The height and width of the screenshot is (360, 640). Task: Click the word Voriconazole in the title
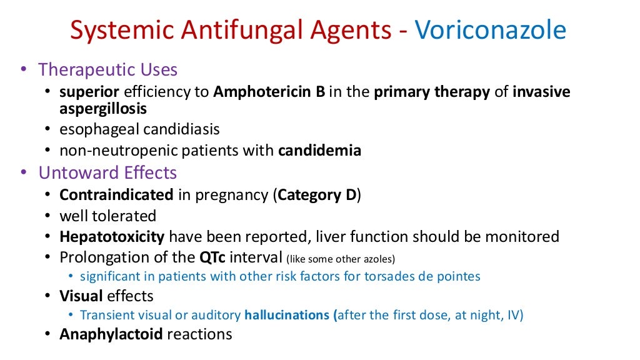490,30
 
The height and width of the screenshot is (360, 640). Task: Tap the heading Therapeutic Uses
107,70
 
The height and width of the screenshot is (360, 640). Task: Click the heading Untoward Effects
107,172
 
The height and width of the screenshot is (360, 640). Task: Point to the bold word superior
89,92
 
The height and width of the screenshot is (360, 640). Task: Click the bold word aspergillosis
103,108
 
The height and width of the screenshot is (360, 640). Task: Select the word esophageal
99,129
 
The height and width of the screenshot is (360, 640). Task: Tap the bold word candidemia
319,151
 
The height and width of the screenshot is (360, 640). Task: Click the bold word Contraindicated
116,194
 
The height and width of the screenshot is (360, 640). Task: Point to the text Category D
317,194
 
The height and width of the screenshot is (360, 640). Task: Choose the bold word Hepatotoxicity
112,237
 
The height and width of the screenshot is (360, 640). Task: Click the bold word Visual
81,296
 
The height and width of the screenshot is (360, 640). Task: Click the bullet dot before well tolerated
49,216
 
